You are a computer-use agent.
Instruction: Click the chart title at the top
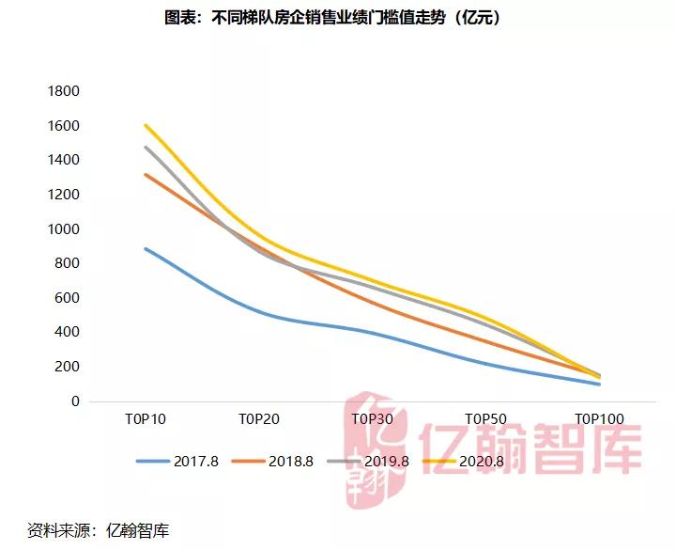pyautogui.click(x=338, y=18)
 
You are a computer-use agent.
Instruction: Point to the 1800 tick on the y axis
pyautogui.click(x=64, y=91)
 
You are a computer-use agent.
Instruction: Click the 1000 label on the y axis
pyautogui.click(x=64, y=229)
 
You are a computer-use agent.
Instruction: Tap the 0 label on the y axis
pyautogui.click(x=75, y=401)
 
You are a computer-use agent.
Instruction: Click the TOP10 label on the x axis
pyautogui.click(x=146, y=419)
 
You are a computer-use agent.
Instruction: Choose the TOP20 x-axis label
pyautogui.click(x=259, y=419)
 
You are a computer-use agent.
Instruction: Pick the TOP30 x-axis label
pyautogui.click(x=373, y=419)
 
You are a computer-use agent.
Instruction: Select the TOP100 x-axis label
pyautogui.click(x=599, y=419)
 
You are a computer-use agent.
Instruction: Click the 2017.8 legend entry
pyautogui.click(x=177, y=461)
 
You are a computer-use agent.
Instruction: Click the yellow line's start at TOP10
pyautogui.click(x=146, y=125)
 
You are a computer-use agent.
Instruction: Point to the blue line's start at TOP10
pyautogui.click(x=146, y=248)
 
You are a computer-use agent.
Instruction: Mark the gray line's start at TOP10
pyautogui.click(x=146, y=147)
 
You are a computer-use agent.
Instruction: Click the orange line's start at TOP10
pyautogui.click(x=146, y=175)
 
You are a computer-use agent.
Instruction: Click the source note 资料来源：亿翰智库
pyautogui.click(x=99, y=529)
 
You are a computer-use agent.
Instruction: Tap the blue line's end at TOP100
pyautogui.click(x=599, y=384)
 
